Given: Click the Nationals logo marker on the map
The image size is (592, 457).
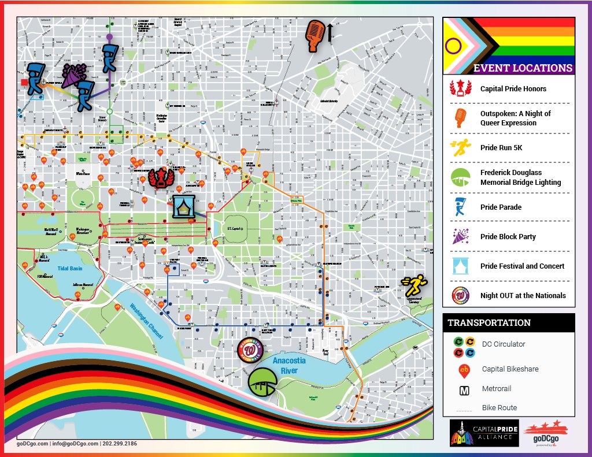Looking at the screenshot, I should [250, 350].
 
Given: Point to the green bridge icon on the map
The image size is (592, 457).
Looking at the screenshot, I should [262, 381].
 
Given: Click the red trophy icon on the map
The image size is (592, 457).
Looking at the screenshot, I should [161, 178].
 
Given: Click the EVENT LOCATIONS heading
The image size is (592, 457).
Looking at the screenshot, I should [522, 68].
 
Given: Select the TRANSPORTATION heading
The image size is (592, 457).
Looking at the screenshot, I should [489, 322].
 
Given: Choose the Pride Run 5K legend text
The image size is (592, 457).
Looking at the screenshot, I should [501, 148].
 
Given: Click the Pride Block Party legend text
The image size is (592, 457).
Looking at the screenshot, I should [508, 236].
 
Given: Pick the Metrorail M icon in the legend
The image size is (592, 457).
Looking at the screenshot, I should [464, 389].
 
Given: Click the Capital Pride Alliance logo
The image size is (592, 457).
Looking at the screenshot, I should [483, 433].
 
